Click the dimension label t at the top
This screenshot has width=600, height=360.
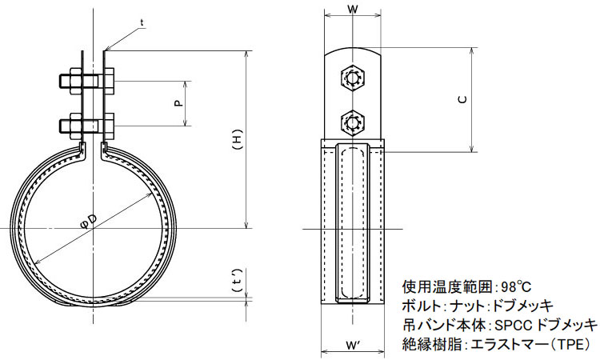pyautogui.click(x=142, y=22)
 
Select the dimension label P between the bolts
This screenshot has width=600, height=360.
pyautogui.click(x=178, y=103)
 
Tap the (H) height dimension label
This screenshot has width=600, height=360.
pyautogui.click(x=238, y=141)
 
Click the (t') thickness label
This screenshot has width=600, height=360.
pyautogui.click(x=238, y=281)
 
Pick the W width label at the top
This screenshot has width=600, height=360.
pyautogui.click(x=353, y=10)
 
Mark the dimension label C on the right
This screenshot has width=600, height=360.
pyautogui.click(x=462, y=100)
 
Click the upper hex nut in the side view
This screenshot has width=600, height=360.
pyautogui.click(x=353, y=78)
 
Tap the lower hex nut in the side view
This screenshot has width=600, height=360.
pyautogui.click(x=353, y=123)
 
